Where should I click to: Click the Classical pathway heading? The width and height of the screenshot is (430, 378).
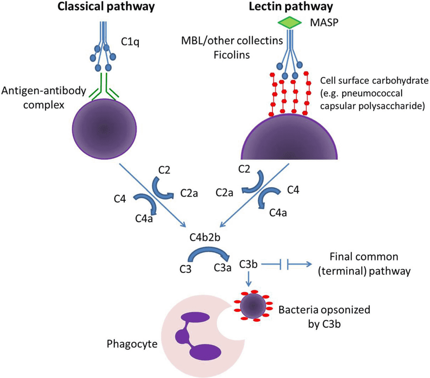click(106, 7)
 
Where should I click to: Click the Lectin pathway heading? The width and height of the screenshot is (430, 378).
click(291, 7)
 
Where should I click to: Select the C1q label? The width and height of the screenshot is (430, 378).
click(130, 42)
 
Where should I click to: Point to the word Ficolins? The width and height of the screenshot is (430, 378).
click(232, 55)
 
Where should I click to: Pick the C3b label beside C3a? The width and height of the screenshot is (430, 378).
click(248, 264)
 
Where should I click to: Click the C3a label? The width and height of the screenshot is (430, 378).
click(223, 268)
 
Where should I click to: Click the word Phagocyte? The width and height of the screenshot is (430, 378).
click(132, 344)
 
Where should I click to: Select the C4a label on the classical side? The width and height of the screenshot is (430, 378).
click(144, 219)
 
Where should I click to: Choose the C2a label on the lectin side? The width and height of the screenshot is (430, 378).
click(225, 192)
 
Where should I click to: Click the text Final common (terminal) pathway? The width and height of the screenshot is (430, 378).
click(364, 264)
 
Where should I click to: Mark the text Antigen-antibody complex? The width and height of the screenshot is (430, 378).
click(44, 97)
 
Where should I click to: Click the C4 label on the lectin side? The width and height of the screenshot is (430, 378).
click(293, 190)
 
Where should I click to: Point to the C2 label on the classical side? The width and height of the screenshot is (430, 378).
click(164, 170)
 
